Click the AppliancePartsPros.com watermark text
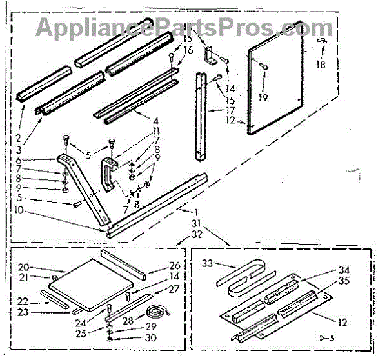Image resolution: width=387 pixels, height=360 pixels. (184, 28)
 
